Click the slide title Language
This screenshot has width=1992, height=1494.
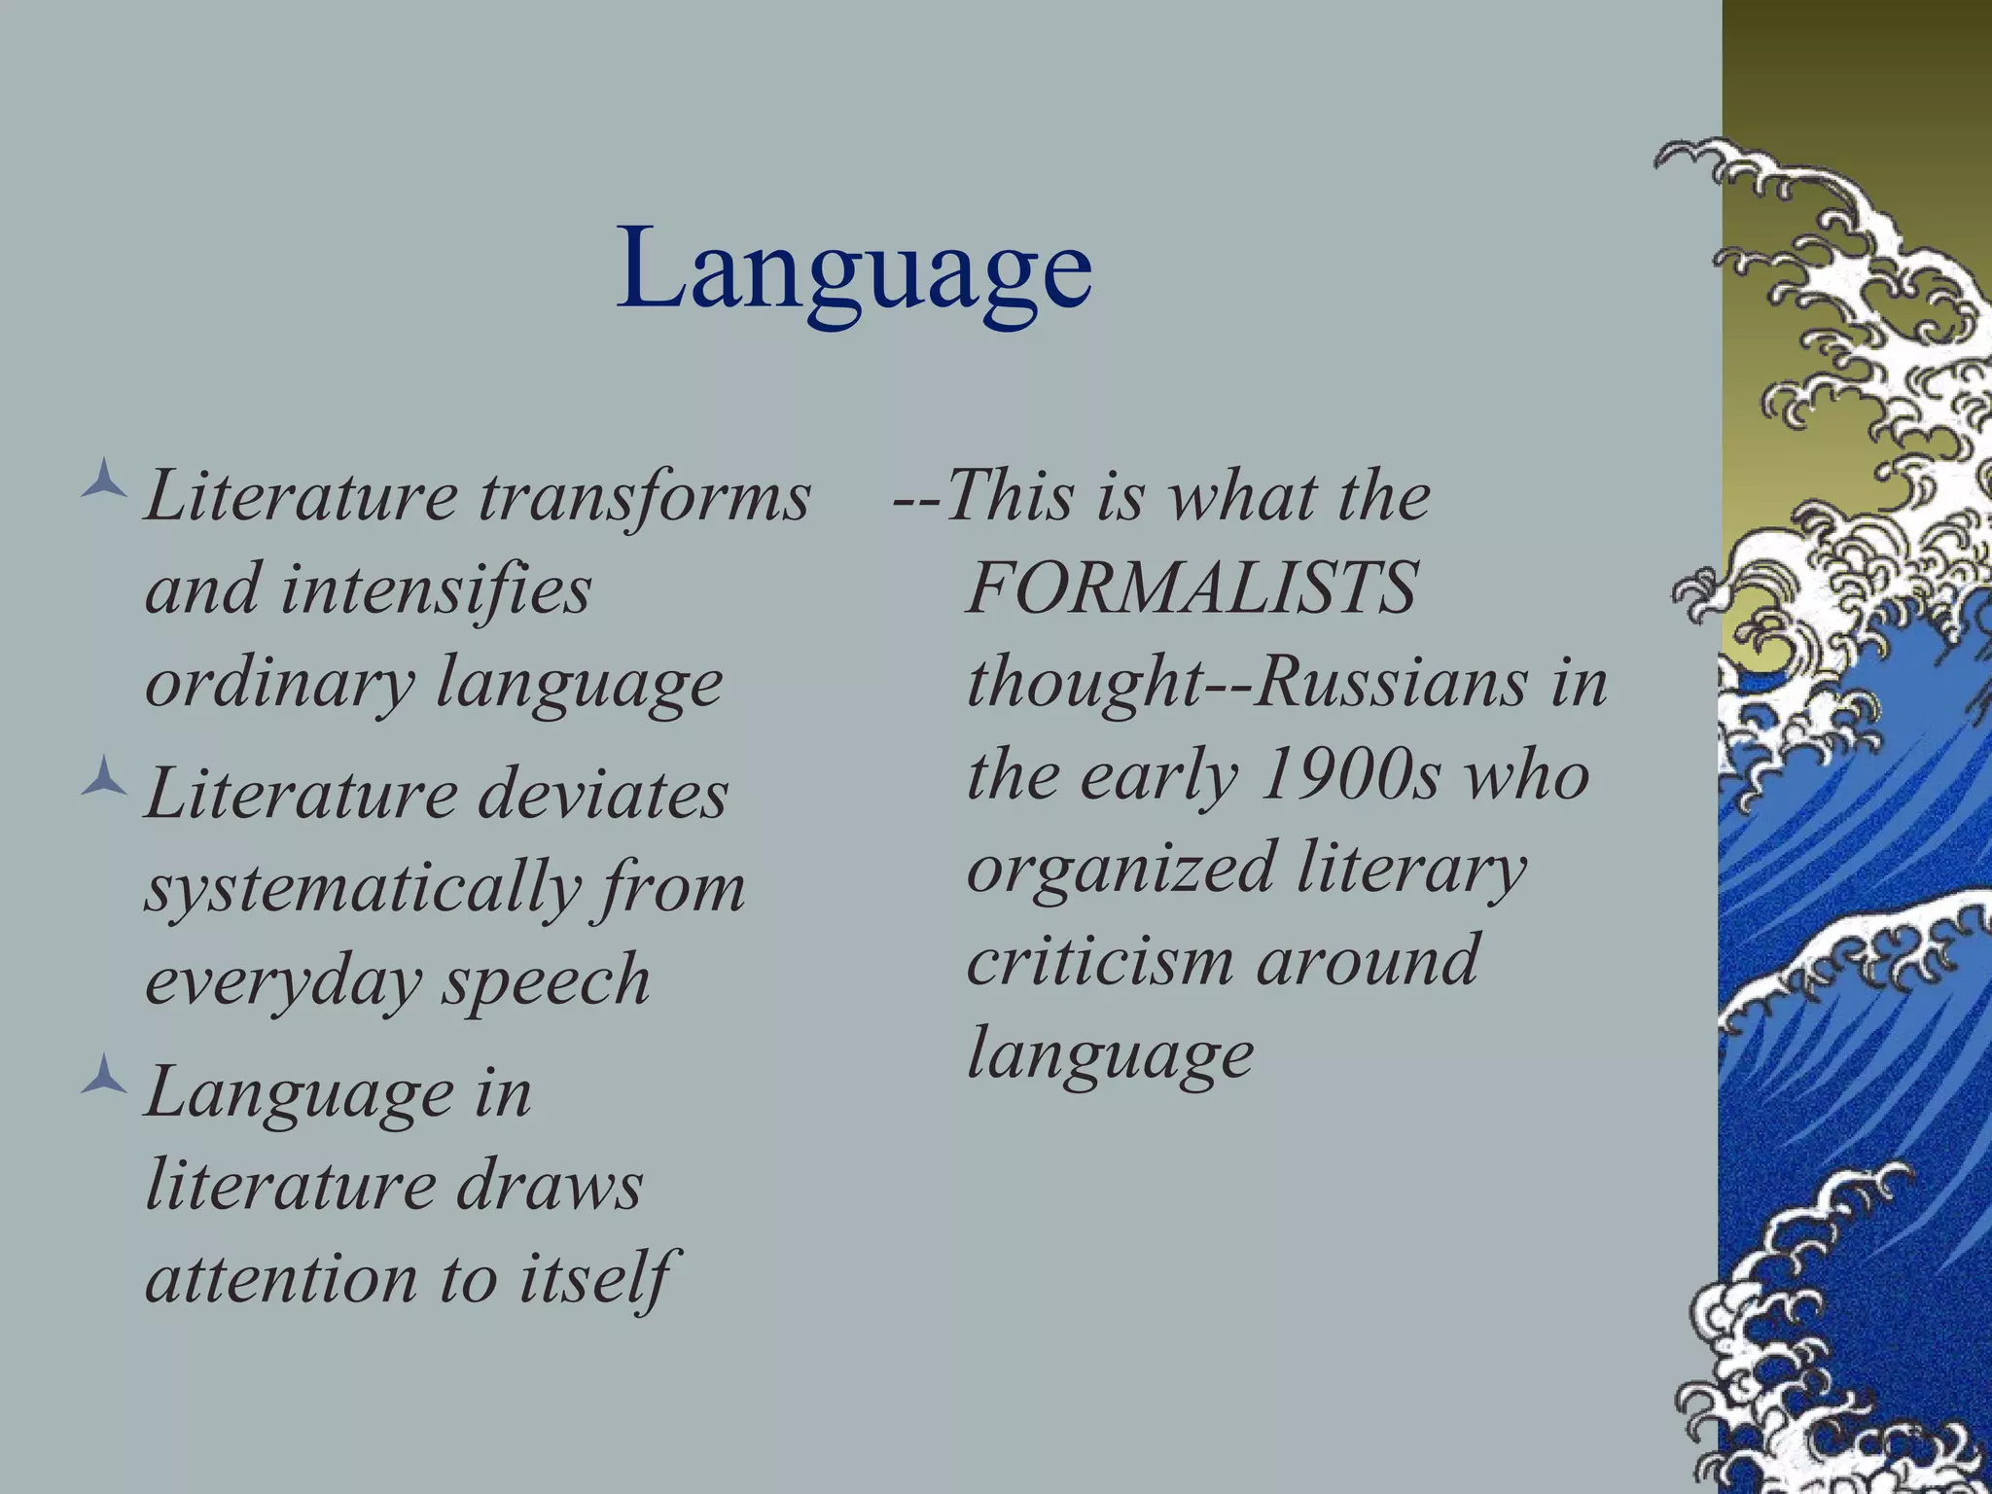(854, 267)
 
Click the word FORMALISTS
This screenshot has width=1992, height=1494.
(1192, 587)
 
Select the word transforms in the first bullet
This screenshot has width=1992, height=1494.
(644, 496)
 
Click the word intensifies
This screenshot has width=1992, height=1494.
(435, 589)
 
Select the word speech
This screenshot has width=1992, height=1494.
(547, 980)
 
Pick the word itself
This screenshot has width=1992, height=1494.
(593, 1278)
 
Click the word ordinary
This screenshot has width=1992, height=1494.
(280, 683)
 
